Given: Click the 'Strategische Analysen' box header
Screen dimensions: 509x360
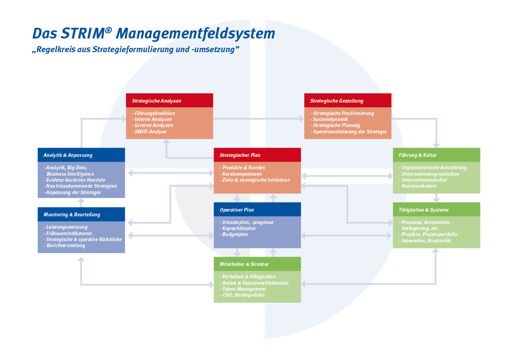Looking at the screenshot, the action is (169, 100).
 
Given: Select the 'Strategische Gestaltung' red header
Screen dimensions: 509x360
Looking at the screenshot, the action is (347, 100).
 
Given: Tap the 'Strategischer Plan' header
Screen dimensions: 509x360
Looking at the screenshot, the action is (257, 155).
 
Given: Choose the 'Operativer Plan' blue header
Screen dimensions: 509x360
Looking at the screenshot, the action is (257, 210).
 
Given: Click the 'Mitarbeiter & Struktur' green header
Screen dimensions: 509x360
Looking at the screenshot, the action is (257, 264).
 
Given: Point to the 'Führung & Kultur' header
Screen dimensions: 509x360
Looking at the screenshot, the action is (436, 155).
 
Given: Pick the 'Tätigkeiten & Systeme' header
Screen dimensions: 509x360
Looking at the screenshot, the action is (436, 210).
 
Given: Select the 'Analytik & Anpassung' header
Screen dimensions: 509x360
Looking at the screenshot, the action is (81, 155).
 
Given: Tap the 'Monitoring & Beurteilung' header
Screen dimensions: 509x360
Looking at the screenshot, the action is (81, 214).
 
